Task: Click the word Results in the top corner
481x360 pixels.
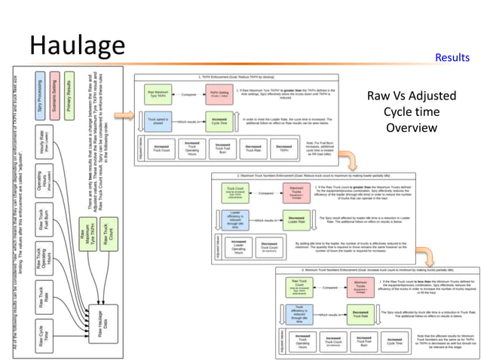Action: click(452, 57)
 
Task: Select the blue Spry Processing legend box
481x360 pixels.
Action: click(41, 96)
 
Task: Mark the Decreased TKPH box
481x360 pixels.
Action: click(283, 148)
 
